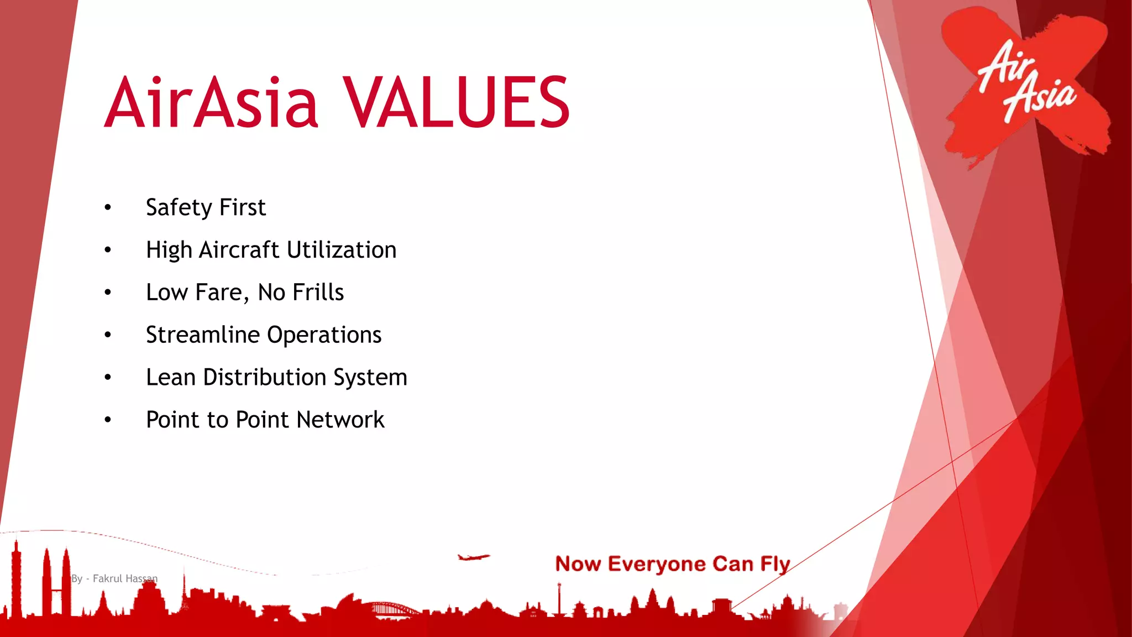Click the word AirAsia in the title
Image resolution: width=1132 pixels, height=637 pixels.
(x=212, y=103)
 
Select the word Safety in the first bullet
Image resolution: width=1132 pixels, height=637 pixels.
(x=179, y=208)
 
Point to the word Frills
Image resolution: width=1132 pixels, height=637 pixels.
(x=318, y=293)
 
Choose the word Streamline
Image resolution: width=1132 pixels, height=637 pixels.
(x=202, y=335)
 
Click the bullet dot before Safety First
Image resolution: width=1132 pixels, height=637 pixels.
(x=108, y=208)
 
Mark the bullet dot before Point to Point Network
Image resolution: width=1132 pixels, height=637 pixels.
(x=108, y=420)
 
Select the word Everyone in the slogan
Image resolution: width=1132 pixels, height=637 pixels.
(x=657, y=564)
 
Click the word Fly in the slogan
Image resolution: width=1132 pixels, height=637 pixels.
(x=775, y=564)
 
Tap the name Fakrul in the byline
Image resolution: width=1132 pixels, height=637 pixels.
(x=107, y=578)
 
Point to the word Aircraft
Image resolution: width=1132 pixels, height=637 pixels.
(x=239, y=250)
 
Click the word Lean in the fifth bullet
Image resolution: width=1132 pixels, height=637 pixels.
(x=171, y=377)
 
